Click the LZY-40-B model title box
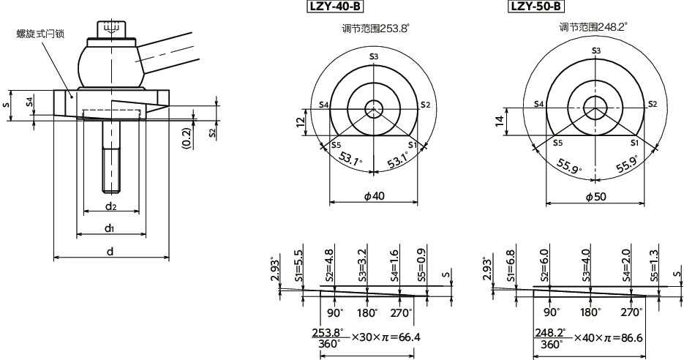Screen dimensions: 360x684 coord(334,7)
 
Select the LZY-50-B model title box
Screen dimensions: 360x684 coord(535,7)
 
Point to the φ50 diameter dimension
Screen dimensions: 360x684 coord(595,197)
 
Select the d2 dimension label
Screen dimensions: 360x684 coord(111,207)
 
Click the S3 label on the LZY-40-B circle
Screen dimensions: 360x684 coord(374,56)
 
